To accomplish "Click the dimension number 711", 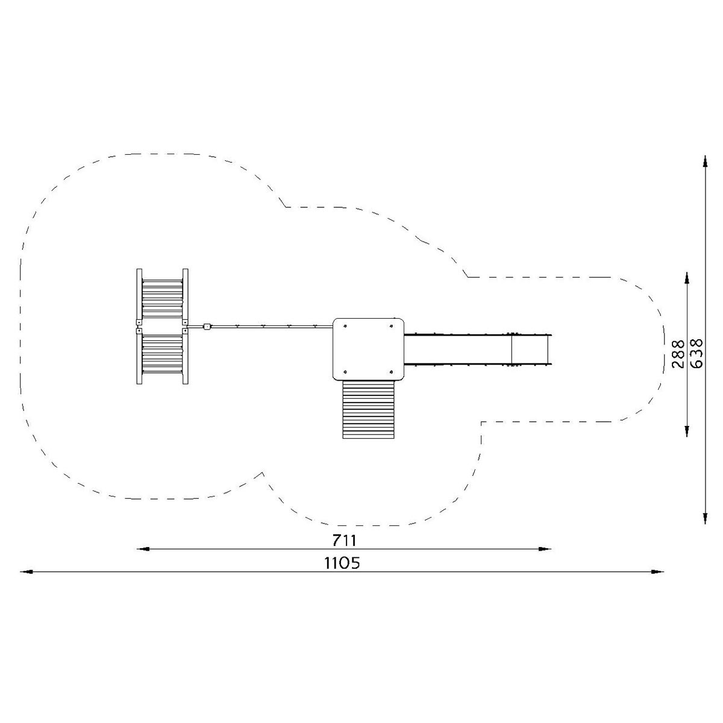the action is click(344, 540).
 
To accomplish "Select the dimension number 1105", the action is click(342, 563).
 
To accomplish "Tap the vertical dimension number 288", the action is click(678, 354).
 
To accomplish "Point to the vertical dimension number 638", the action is click(696, 354).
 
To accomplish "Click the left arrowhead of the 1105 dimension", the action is click(27, 572).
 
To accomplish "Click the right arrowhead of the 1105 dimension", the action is click(657, 572).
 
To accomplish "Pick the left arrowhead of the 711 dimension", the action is click(143, 549).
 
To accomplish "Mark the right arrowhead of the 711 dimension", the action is click(545, 549).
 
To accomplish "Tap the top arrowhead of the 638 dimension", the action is click(706, 162).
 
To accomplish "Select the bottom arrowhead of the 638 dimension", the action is click(706, 517).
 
